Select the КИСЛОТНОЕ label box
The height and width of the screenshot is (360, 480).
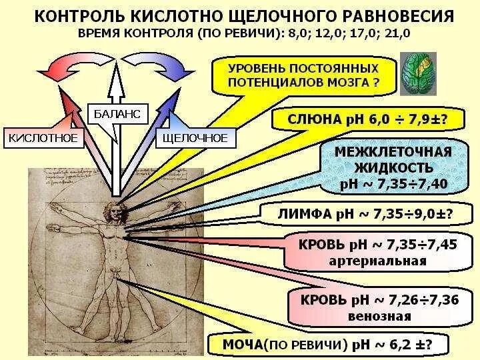click(43, 139)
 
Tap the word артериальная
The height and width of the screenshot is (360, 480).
click(377, 261)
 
